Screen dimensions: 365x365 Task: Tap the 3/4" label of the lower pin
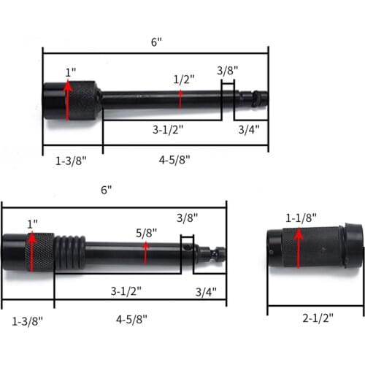[208, 292]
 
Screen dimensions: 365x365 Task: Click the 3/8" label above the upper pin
[228, 71]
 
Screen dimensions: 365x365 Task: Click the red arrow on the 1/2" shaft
[180, 98]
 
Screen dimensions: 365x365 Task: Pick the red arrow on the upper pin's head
[68, 100]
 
